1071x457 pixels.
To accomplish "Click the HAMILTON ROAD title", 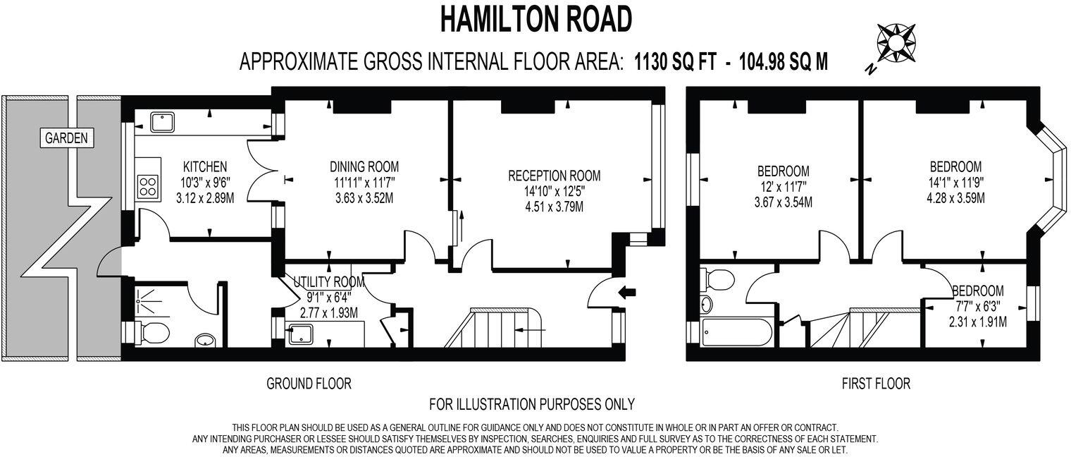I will click(x=535, y=20).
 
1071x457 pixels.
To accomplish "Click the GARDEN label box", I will click(x=66, y=138).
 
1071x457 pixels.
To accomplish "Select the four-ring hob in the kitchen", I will click(x=148, y=186).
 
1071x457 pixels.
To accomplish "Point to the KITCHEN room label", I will click(x=205, y=167).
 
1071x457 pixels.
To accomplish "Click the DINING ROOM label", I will click(x=364, y=167).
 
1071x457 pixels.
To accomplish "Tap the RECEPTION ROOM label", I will click(x=555, y=176).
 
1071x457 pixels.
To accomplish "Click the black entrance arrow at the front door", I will click(x=627, y=291).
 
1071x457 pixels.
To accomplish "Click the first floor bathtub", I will click(x=736, y=331).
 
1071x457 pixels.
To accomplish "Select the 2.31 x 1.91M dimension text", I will click(x=977, y=322).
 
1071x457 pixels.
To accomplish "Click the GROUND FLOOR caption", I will click(x=309, y=384).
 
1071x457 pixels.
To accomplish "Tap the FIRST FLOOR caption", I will click(x=876, y=384).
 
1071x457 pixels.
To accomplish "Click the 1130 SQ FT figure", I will click(x=675, y=62).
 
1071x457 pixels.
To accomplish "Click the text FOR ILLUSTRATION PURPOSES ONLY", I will click(x=532, y=404).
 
